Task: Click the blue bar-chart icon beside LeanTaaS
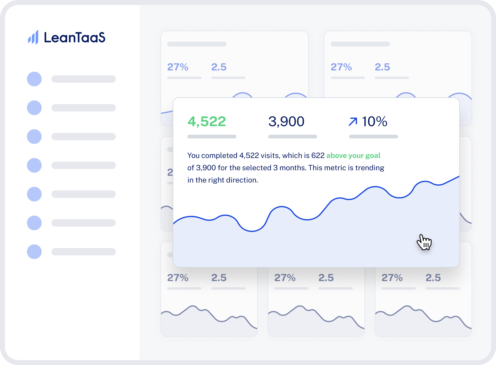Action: coord(33,38)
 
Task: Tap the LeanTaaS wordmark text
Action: coord(75,38)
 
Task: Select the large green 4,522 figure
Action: coord(207,122)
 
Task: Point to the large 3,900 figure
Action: coord(286,122)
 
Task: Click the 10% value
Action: coord(374,122)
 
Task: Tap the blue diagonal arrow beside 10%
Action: coord(353,122)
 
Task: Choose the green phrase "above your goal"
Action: coord(353,156)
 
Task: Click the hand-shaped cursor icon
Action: coord(424,242)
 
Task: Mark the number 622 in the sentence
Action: coord(318,156)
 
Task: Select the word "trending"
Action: coord(370,168)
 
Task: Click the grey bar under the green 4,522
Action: coord(212,137)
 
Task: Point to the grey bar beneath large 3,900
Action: coord(293,137)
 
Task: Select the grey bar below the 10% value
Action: coord(374,137)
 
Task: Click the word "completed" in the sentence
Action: coord(219,156)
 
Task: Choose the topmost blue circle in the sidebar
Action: coord(34,79)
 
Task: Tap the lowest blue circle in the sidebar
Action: coord(34,252)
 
